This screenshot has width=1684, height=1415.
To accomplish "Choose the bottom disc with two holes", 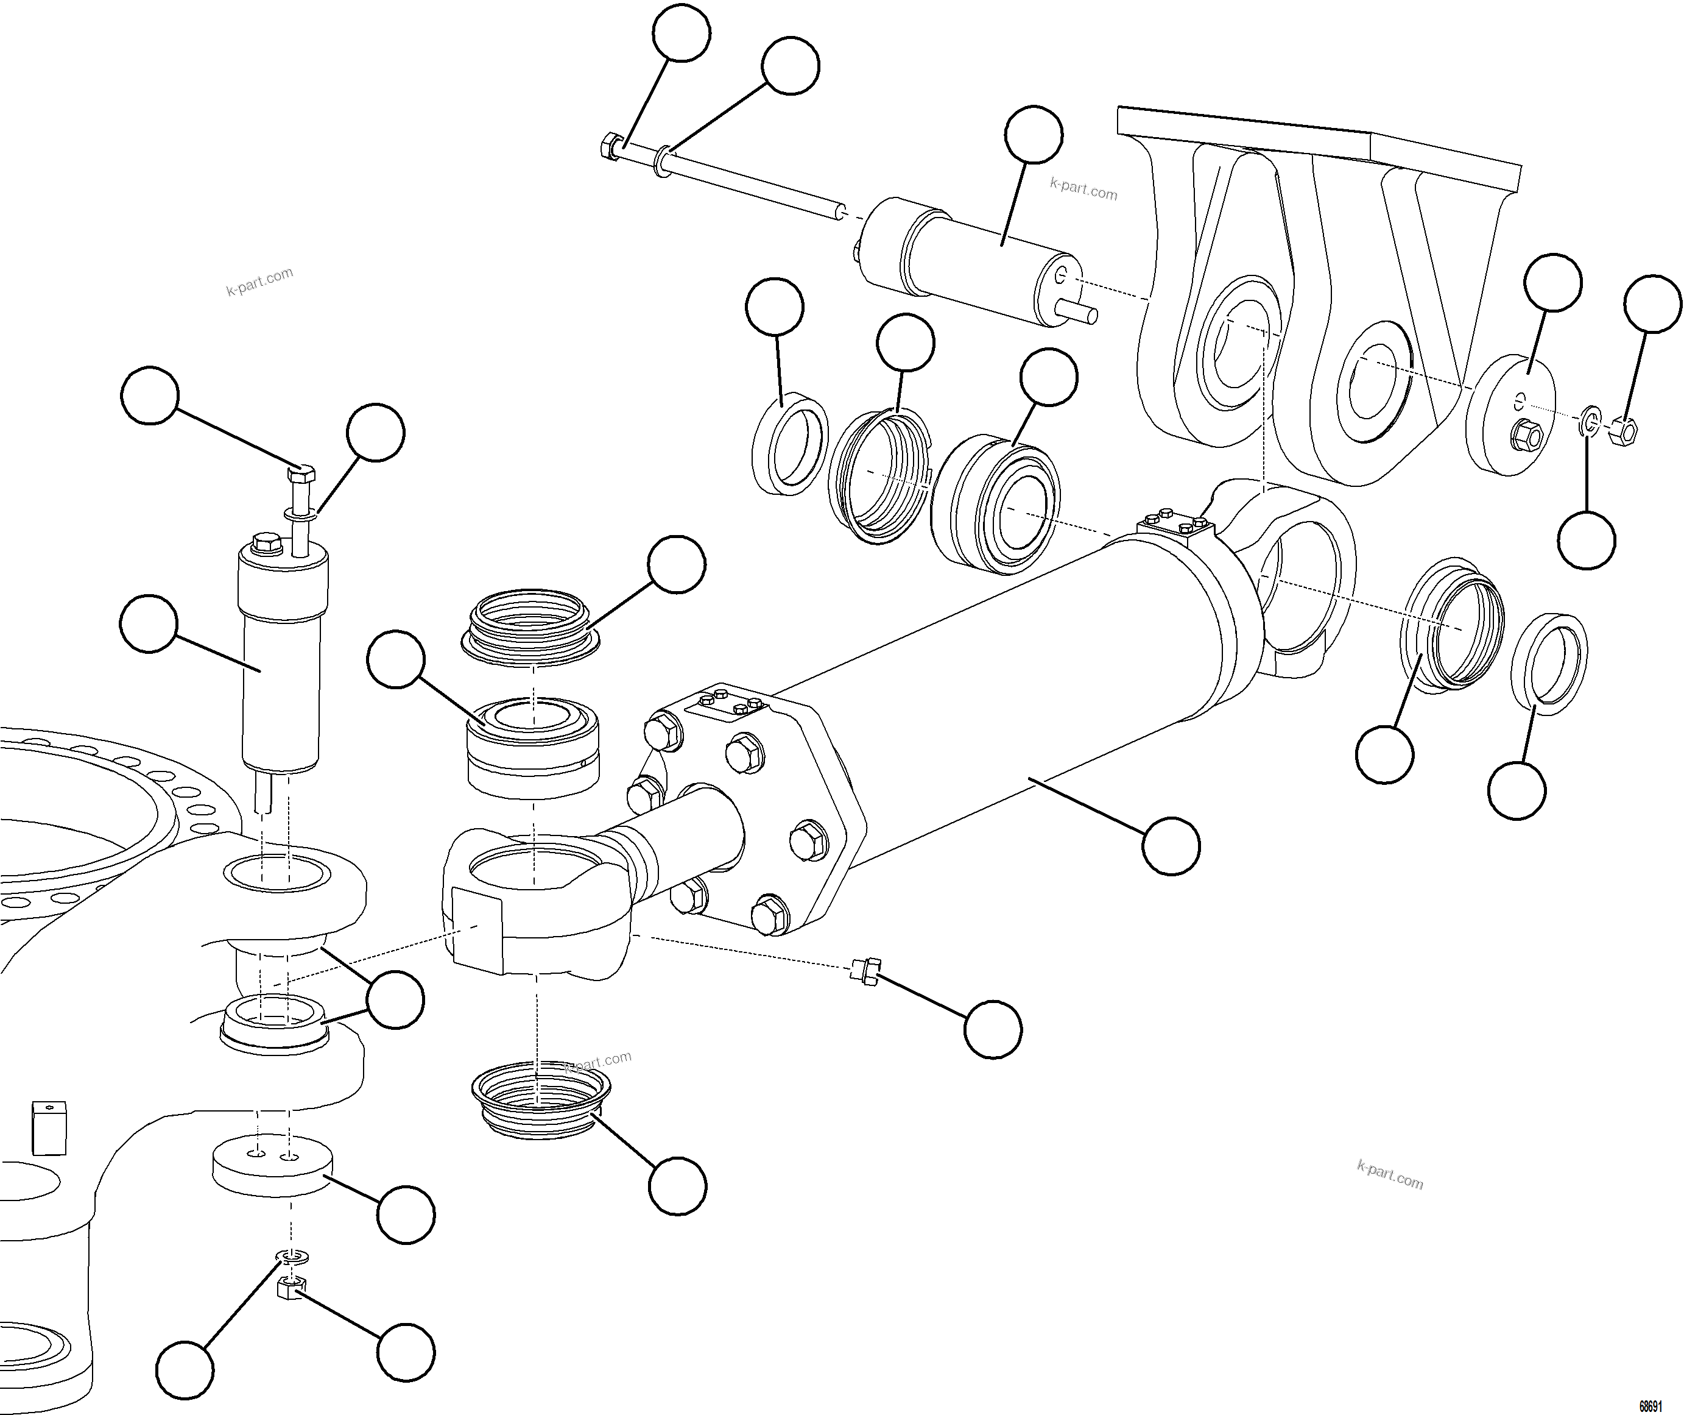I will [x=273, y=1165].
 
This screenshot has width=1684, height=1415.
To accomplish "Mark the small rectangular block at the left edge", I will [x=49, y=1128].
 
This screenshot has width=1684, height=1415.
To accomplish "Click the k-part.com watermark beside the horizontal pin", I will [x=1083, y=190].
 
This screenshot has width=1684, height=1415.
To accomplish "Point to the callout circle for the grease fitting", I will [x=993, y=1029].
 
